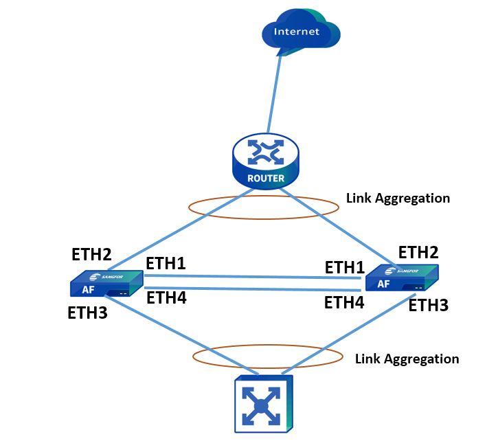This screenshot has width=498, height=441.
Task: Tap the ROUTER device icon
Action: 266,161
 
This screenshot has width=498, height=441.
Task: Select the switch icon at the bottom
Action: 263,404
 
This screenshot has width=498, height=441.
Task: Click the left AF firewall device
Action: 106,284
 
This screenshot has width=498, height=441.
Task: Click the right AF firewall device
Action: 401,278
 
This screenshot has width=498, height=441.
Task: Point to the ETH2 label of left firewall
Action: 91,255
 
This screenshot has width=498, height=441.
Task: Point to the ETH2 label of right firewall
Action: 418,251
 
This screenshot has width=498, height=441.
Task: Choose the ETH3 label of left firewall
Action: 87,313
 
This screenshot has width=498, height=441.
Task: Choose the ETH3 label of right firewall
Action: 428,305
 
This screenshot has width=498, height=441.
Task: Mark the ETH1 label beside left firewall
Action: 166,264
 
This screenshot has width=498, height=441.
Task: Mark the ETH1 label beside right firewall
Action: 344,267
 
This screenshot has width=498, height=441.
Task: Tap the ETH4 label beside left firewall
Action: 166,297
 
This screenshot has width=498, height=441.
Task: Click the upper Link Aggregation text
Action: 398,199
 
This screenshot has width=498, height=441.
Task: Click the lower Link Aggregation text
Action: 407,359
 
